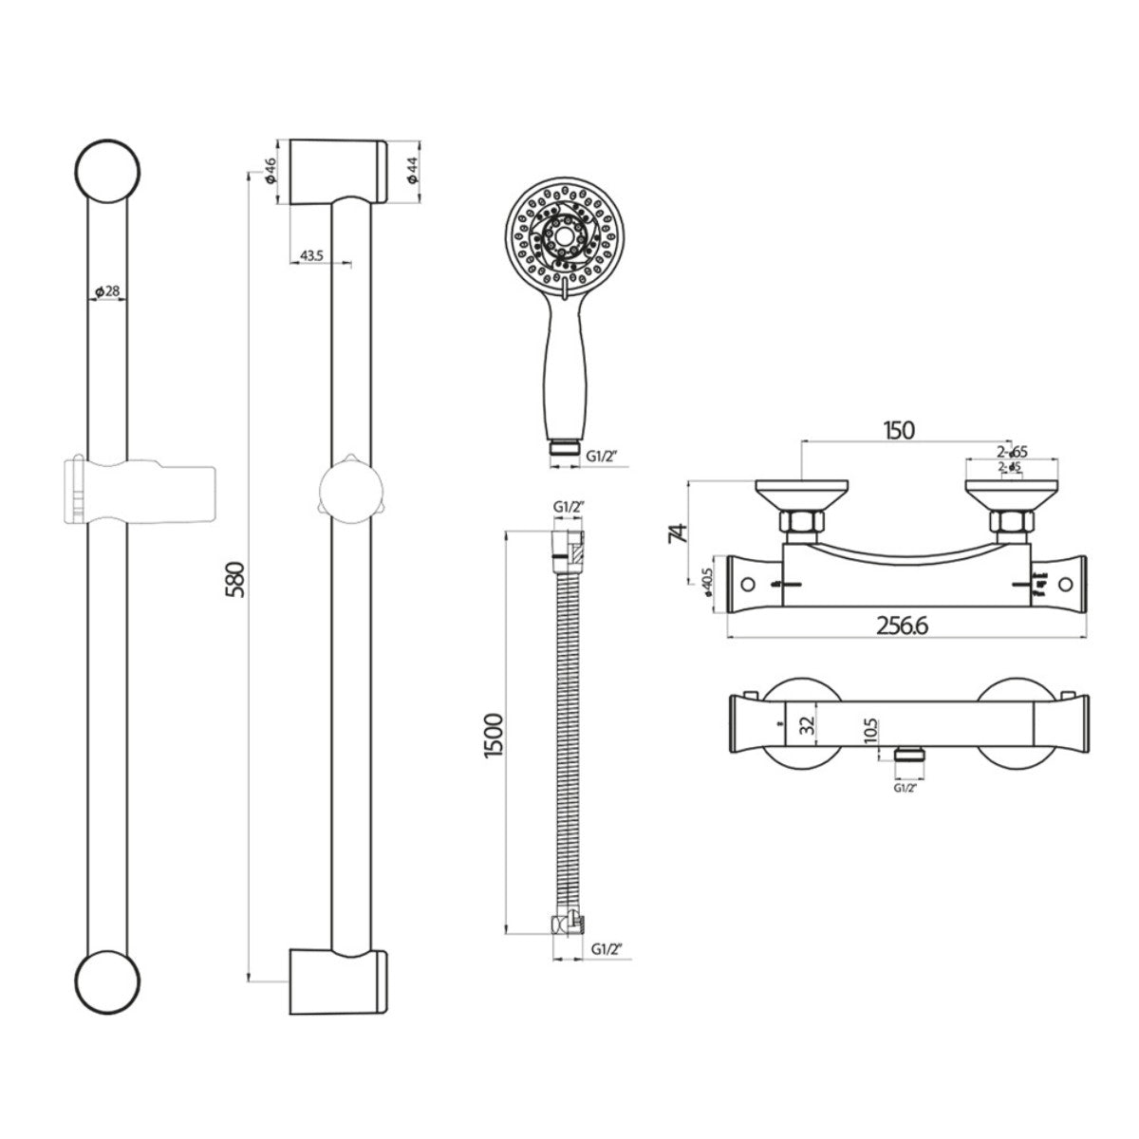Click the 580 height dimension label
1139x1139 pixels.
coord(236,578)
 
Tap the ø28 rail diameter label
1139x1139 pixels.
coord(108,291)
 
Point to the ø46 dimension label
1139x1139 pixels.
coord(270,171)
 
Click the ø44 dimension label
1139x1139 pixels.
coord(412,171)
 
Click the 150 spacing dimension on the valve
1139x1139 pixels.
coord(899,431)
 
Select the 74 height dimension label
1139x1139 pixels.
coord(678,532)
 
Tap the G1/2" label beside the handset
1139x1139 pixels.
coord(602,455)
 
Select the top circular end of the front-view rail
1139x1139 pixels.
coord(108,171)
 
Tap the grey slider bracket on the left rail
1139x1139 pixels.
coord(140,489)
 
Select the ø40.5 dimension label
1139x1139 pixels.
coord(708,591)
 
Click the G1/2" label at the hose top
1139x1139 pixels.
coord(568,508)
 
